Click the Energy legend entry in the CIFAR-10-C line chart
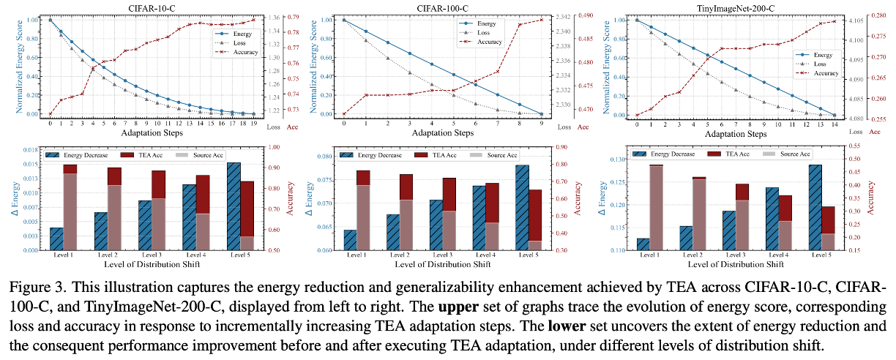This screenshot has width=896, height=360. pos(236,34)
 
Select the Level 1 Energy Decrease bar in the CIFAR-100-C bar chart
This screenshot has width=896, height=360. pos(350,240)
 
